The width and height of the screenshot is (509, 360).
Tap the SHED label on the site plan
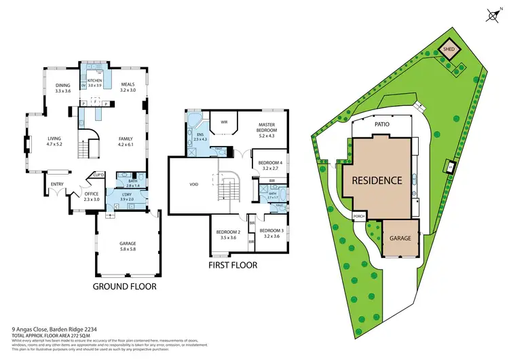(x=449, y=49)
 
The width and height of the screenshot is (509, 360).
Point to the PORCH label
(x=360, y=217)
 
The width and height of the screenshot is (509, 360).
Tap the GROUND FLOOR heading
(x=125, y=287)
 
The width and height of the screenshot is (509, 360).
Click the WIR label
(x=223, y=123)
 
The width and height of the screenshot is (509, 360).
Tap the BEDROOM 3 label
(x=272, y=232)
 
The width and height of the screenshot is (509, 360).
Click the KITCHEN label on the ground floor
(x=94, y=81)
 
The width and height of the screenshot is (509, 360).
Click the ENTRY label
(x=57, y=183)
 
